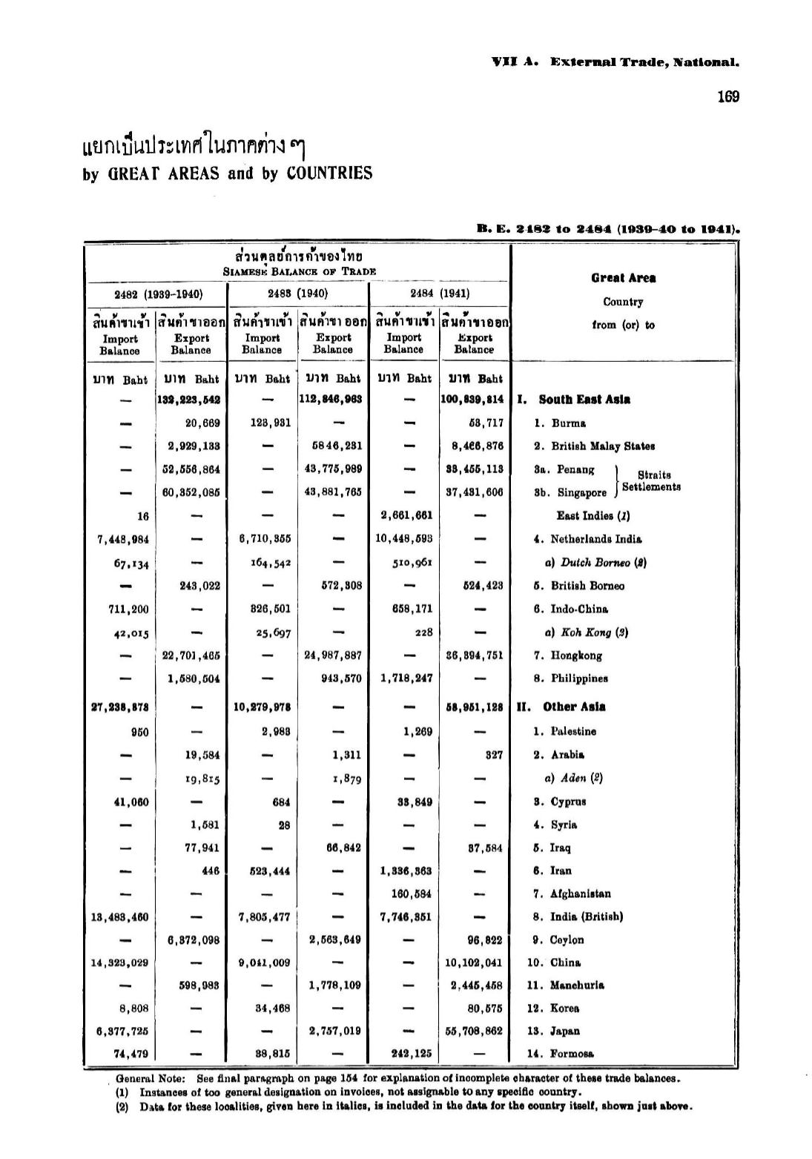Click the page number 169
[728, 97]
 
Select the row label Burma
[568, 423]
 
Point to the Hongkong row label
[576, 656]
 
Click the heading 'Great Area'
[623, 278]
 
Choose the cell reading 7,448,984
[123, 539]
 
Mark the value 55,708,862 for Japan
[474, 1031]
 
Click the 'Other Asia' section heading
[573, 707]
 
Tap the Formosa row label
[572, 1054]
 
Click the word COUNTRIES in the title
[329, 174]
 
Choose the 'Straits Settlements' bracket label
[651, 481]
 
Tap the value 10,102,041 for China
[474, 962]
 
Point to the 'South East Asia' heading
[584, 400]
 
